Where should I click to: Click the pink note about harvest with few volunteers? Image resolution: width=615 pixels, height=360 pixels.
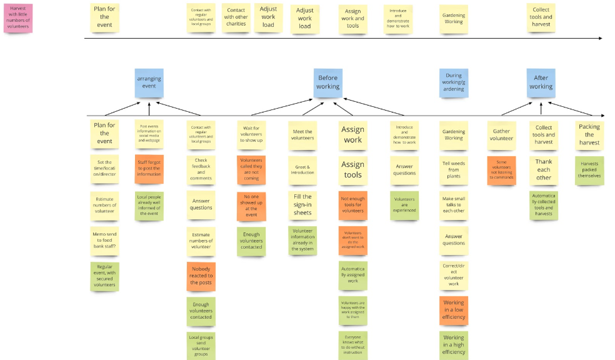[21, 18]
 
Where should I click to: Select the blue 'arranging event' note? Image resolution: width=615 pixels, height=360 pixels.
[149, 82]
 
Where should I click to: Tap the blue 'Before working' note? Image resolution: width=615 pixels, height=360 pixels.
[328, 82]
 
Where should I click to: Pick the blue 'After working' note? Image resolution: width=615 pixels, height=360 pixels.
[541, 82]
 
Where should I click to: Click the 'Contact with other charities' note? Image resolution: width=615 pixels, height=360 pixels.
[236, 18]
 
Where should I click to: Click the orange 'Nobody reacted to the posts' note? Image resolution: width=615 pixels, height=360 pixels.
[201, 275]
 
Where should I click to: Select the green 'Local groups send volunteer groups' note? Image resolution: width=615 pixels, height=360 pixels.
[201, 346]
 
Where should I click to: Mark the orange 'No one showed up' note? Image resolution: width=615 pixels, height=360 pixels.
[251, 207]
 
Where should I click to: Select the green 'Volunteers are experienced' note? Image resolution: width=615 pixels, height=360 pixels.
[404, 204]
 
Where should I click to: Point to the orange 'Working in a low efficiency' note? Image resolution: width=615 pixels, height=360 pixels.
[454, 309]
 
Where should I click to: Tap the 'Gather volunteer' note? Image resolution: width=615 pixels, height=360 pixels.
[502, 135]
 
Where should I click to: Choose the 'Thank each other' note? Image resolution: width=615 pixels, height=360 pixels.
[544, 169]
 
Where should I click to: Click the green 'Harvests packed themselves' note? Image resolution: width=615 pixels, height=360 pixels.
[589, 171]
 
